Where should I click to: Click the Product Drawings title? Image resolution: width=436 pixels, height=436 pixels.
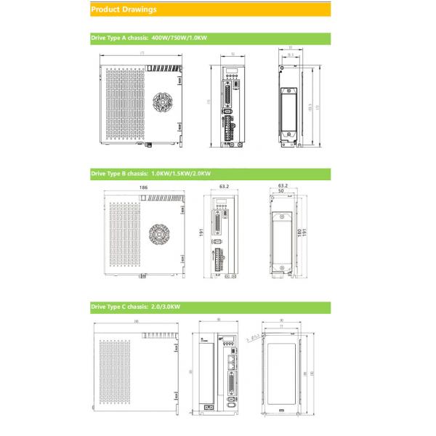[x=123, y=9]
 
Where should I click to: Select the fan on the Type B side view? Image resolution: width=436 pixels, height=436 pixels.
[x=158, y=234]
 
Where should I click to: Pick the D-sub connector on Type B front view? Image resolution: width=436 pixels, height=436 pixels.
[x=217, y=221]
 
